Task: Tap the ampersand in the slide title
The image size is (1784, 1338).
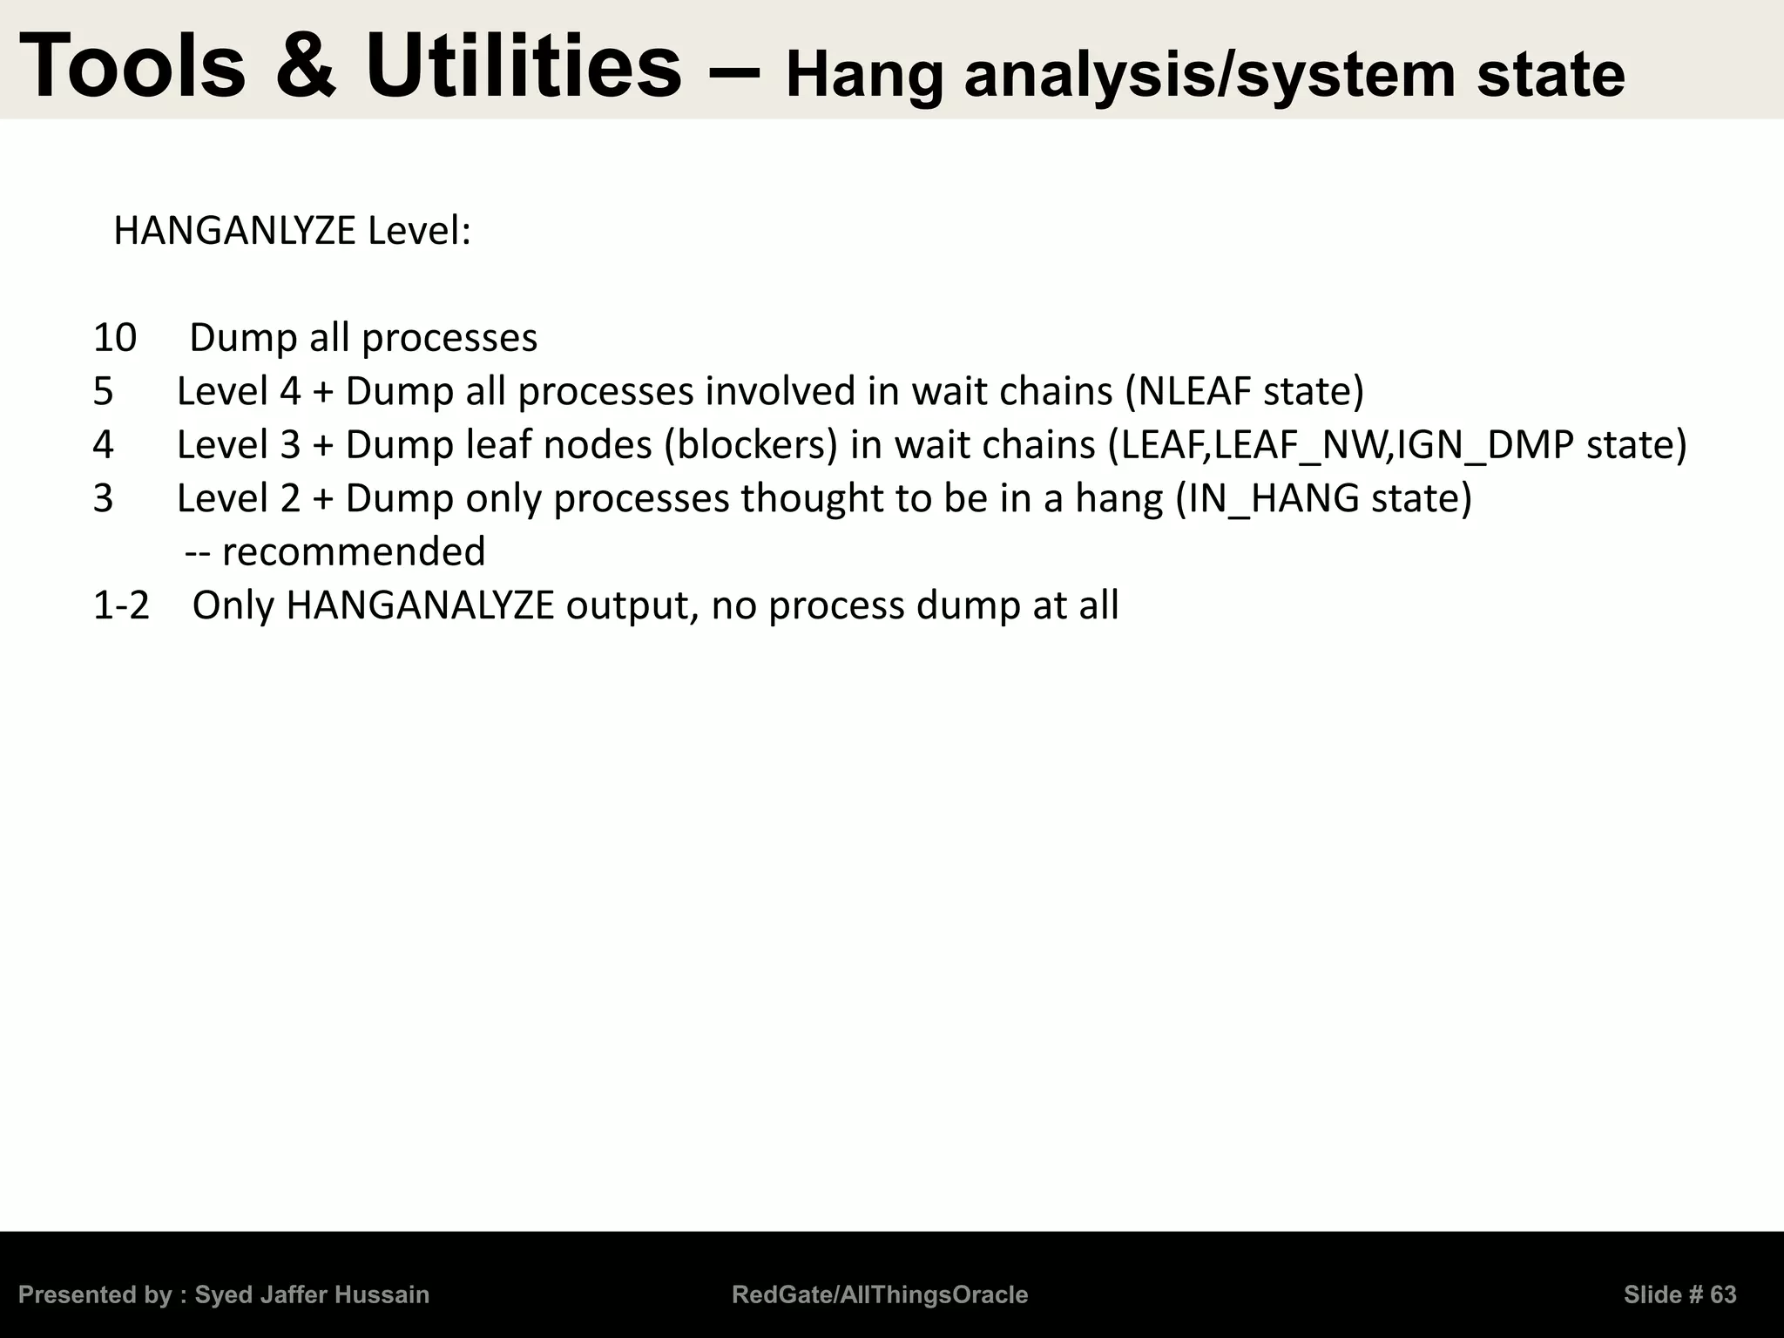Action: click(x=304, y=66)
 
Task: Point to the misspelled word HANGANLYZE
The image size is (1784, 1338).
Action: click(x=234, y=231)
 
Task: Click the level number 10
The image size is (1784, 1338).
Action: click(x=114, y=338)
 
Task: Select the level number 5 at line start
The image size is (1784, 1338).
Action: click(x=103, y=392)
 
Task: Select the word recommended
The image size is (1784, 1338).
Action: click(x=354, y=552)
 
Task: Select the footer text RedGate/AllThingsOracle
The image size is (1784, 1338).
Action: click(x=880, y=1295)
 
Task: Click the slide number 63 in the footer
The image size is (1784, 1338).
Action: click(x=1723, y=1295)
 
